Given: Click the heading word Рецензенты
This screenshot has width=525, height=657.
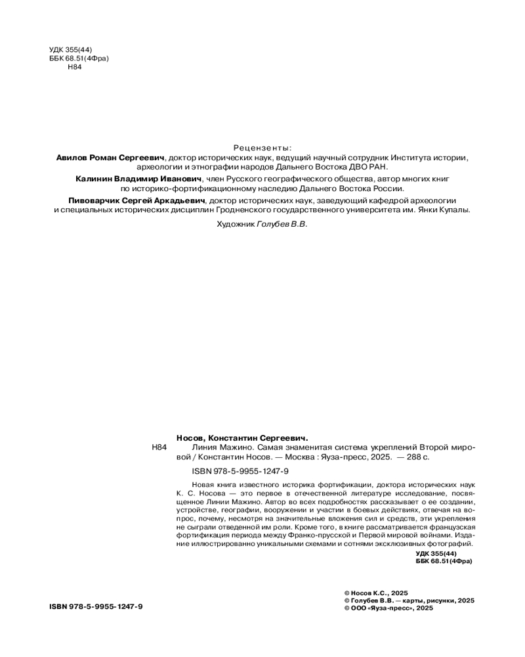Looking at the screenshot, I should [x=262, y=148].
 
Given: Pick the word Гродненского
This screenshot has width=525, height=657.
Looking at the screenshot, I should [x=308, y=210].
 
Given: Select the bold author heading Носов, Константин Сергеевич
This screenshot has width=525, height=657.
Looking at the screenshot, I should [x=242, y=437].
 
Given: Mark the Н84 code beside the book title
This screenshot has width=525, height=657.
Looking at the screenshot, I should [x=159, y=447].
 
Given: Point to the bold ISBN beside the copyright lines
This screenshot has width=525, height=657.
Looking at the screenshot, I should [x=96, y=606].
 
